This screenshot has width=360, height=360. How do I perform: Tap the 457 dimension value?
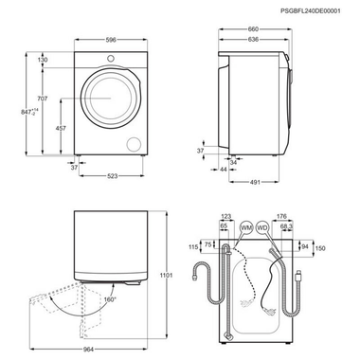(61, 126)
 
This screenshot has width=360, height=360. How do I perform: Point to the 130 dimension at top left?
(43, 60)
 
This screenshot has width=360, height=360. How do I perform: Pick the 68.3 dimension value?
(287, 226)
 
